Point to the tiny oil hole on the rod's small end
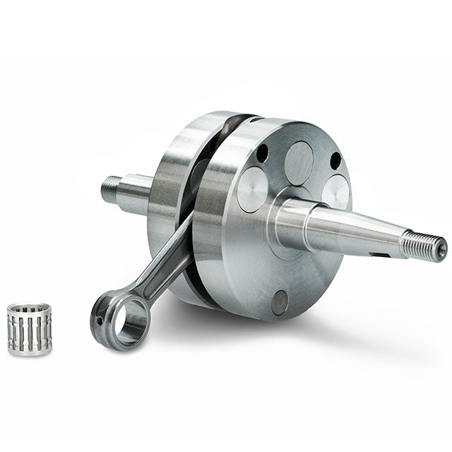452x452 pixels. tap(101, 321)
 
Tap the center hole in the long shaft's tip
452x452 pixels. tap(440, 249)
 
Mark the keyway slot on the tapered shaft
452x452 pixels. tap(381, 253)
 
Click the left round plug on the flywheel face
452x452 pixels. tap(252, 189)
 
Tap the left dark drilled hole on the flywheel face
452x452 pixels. tap(262, 153)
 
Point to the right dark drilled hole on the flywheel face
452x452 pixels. tap(335, 160)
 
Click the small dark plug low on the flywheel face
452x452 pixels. tap(280, 302)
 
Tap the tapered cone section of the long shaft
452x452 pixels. tap(353, 230)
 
